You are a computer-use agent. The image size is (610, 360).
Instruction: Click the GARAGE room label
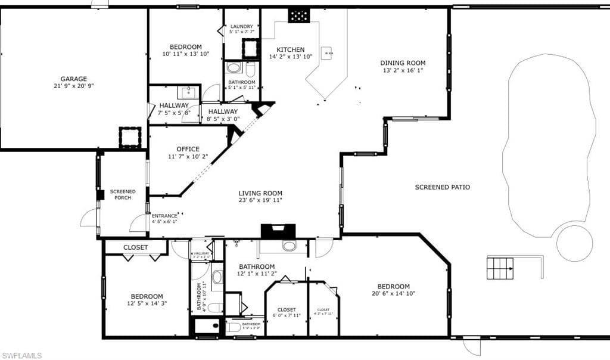[73, 79]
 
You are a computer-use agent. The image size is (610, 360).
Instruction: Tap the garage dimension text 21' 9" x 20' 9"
[73, 86]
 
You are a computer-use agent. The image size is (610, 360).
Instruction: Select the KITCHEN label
[290, 49]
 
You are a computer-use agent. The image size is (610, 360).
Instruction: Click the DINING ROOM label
[403, 63]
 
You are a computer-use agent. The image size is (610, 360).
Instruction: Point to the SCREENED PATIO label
[442, 187]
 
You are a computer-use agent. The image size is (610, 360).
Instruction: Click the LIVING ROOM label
[260, 193]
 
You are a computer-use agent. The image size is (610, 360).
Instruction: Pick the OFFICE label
[188, 149]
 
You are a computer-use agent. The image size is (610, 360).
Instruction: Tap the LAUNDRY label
[242, 27]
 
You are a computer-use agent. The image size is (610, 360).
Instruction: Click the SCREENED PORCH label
[123, 194]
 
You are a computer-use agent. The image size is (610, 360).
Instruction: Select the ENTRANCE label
[164, 216]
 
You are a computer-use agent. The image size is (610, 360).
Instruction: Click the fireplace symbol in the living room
[278, 231]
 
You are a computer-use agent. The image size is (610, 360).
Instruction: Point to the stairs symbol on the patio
[500, 268]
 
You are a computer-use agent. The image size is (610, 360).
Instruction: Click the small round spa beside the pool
[574, 243]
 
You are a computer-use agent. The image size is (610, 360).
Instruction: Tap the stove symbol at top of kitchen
[299, 15]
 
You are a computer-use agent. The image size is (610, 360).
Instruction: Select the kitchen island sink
[327, 53]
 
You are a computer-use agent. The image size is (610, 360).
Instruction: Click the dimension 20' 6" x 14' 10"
[393, 293]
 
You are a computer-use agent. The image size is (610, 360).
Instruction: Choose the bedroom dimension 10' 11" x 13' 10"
[185, 54]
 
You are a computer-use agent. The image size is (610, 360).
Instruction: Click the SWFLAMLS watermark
[21, 355]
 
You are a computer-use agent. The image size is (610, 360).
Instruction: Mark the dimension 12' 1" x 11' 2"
[257, 274]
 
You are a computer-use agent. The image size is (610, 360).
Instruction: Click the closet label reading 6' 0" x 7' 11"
[287, 315]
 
